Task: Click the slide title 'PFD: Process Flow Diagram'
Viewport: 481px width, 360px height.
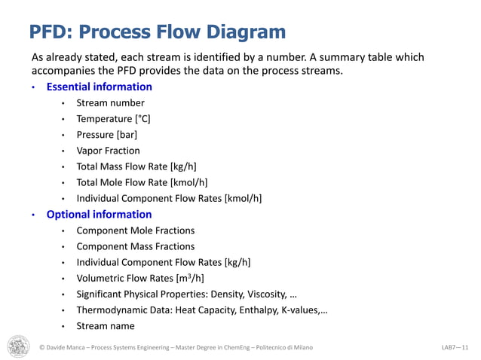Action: pyautogui.click(x=157, y=32)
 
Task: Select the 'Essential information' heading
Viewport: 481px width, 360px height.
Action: pyautogui.click(x=99, y=87)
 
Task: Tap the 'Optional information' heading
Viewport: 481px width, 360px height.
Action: pyautogui.click(x=99, y=215)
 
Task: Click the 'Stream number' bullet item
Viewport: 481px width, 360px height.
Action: pyautogui.click(x=110, y=103)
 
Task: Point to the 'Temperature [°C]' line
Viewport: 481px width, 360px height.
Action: pyautogui.click(x=113, y=119)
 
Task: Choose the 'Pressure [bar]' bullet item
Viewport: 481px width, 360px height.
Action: pyautogui.click(x=106, y=135)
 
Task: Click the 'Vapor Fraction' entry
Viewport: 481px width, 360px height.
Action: pyautogui.click(x=108, y=151)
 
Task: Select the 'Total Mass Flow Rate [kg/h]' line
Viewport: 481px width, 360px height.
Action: pyautogui.click(x=136, y=166)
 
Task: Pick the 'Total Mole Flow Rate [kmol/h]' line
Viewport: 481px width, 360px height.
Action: pyautogui.click(x=142, y=182)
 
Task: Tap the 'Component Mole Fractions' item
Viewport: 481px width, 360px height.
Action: pyautogui.click(x=136, y=230)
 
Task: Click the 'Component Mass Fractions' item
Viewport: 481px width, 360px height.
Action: pyautogui.click(x=136, y=246)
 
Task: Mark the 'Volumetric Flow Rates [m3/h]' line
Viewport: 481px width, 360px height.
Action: pyautogui.click(x=140, y=278)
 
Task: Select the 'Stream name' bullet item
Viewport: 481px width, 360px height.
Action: pyautogui.click(x=106, y=326)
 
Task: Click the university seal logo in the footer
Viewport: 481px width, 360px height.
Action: pyautogui.click(x=19, y=346)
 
